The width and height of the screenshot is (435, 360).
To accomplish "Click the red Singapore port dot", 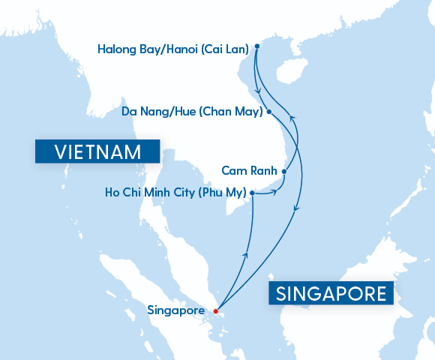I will (x=215, y=310).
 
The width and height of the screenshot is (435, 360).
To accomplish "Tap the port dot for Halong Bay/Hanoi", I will (x=256, y=46).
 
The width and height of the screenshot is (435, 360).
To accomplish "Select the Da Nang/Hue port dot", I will (x=269, y=112).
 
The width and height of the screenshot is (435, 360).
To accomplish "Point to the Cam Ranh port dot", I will (x=284, y=172).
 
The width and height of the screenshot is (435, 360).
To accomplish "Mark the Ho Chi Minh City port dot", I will (x=252, y=193).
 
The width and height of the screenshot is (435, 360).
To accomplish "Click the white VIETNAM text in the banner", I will (x=97, y=152).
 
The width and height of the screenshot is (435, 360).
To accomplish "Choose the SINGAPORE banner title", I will (x=331, y=293).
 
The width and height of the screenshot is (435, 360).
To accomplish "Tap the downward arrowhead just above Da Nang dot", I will (x=259, y=92).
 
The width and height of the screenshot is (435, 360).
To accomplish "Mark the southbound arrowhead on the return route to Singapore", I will (x=298, y=210).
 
